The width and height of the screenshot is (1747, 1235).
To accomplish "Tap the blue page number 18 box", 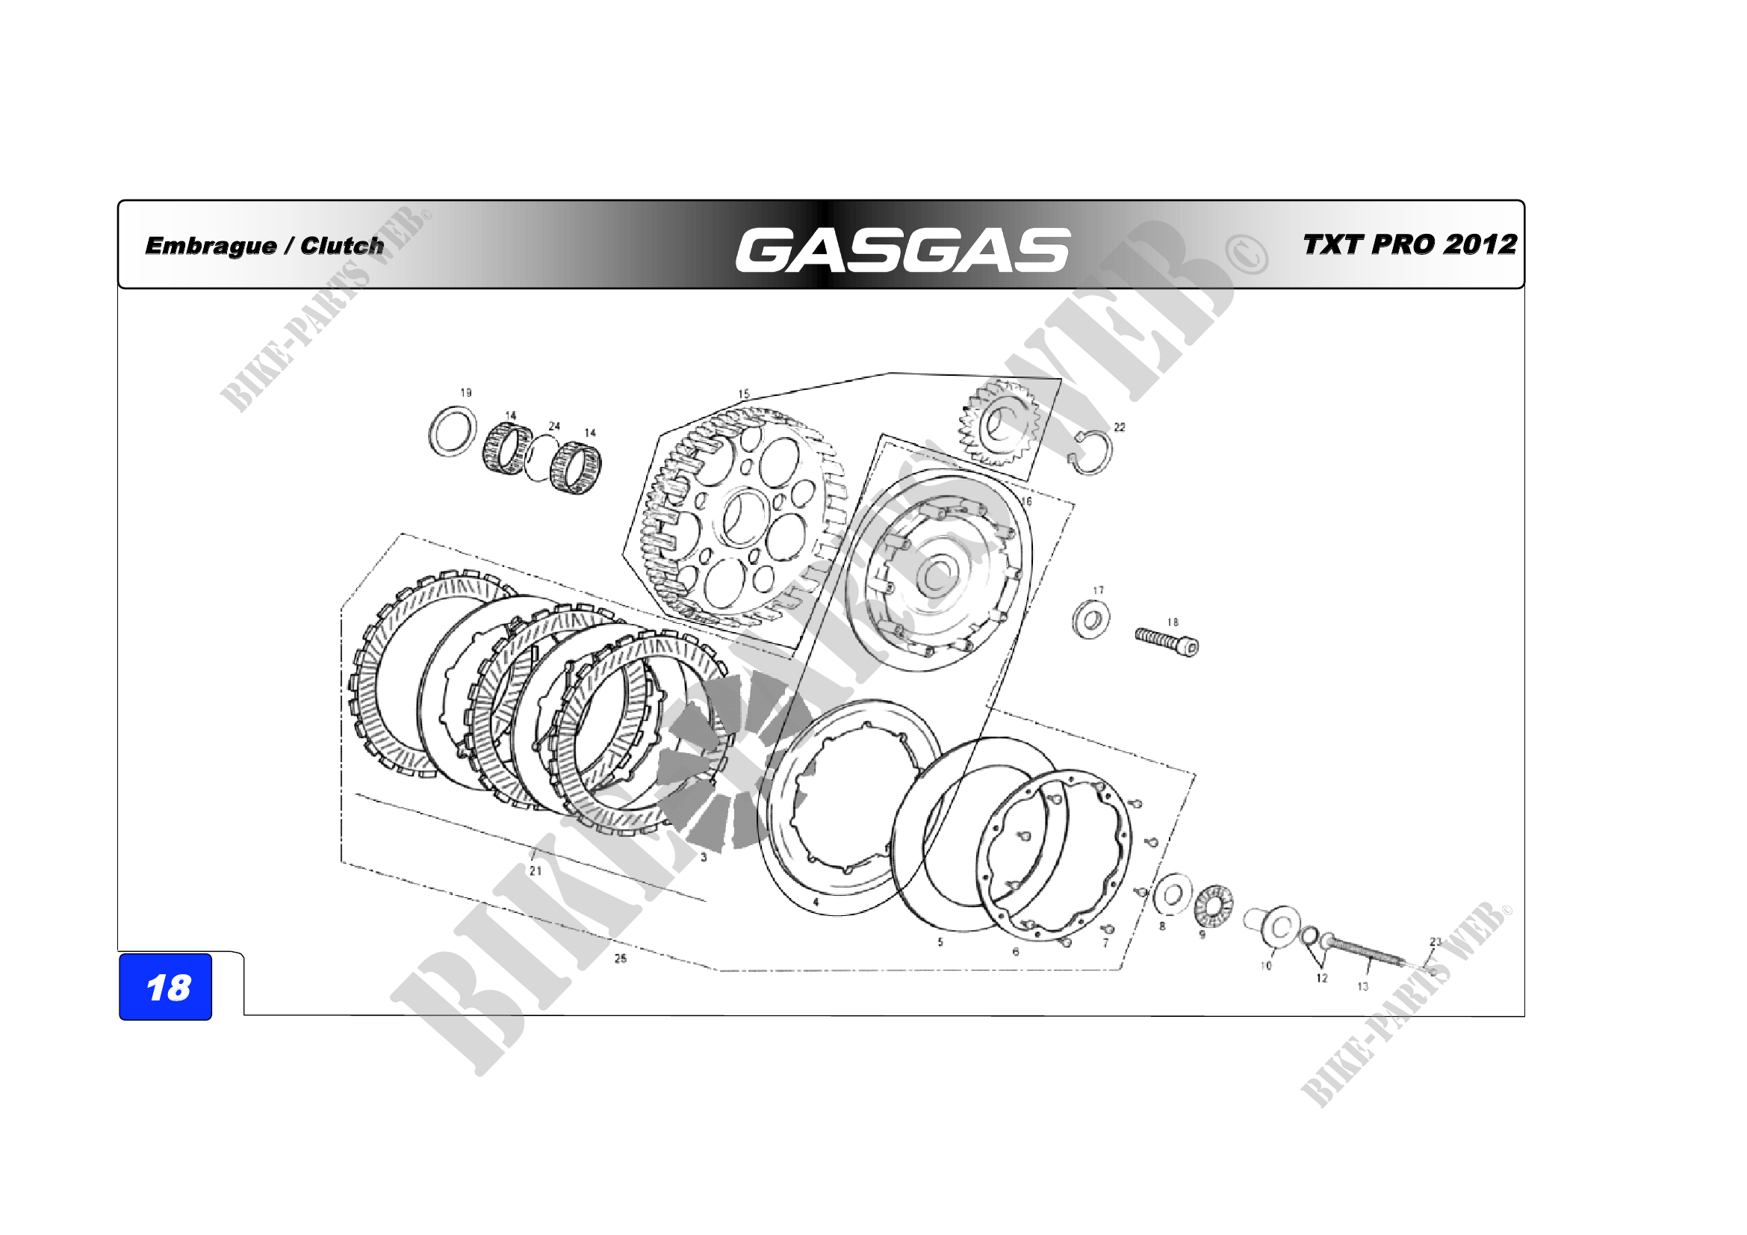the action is point(166,986).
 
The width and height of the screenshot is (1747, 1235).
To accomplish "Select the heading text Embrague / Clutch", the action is point(265,246).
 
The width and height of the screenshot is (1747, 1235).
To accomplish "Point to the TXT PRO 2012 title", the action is point(1410,244).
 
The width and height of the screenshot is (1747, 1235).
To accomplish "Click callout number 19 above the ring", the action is point(465,393).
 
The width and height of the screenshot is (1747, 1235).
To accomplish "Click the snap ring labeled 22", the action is point(1091,452).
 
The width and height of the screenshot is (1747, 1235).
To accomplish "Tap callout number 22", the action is point(1120,427).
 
